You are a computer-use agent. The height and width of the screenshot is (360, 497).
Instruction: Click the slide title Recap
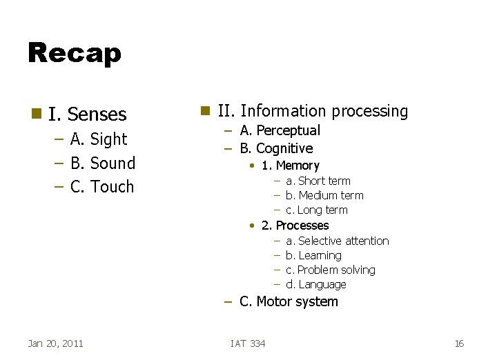click(x=74, y=53)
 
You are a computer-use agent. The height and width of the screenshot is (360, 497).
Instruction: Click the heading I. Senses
click(x=87, y=114)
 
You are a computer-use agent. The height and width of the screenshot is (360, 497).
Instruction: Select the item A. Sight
click(x=99, y=139)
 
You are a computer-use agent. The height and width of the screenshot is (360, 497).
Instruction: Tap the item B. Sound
click(x=103, y=163)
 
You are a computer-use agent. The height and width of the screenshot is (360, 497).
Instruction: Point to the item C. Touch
click(x=102, y=187)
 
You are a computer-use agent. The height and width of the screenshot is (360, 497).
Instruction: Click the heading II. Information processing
click(x=313, y=111)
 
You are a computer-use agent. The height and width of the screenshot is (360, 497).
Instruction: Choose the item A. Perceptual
click(x=280, y=130)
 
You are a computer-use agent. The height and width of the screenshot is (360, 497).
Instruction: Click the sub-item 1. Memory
click(x=290, y=166)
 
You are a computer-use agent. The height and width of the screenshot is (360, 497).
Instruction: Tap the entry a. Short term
click(x=318, y=181)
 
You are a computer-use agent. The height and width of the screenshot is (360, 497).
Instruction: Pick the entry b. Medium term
click(x=324, y=195)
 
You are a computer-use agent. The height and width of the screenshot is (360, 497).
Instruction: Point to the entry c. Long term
click(x=316, y=210)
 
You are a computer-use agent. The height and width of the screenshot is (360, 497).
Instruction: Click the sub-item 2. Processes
click(x=295, y=226)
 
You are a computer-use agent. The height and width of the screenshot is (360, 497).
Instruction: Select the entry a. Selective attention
click(x=337, y=241)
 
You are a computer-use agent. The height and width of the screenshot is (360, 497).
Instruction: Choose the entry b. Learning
click(x=313, y=255)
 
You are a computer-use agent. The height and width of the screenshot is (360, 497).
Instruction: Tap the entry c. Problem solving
click(x=330, y=270)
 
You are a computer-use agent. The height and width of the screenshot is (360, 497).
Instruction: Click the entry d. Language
click(x=315, y=284)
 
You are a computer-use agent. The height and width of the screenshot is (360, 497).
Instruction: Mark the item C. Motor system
click(x=289, y=301)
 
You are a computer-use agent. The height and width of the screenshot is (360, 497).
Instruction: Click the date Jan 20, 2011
click(x=55, y=343)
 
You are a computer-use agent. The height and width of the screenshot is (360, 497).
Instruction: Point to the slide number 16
click(x=459, y=343)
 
